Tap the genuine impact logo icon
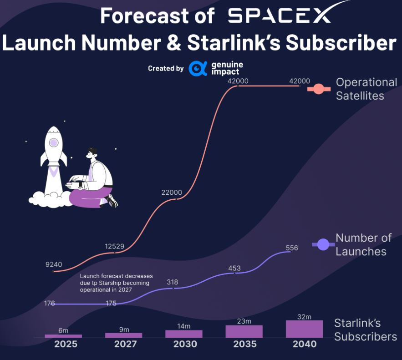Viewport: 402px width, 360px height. point(198,68)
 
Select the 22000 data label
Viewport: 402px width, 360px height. point(172,192)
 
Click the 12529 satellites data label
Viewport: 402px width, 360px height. point(114,246)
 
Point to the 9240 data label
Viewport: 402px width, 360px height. point(54,264)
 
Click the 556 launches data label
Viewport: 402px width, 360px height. point(292,248)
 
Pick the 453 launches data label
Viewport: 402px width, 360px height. point(234,268)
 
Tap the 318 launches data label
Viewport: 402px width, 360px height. point(173,282)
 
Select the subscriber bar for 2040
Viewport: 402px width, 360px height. point(304,329)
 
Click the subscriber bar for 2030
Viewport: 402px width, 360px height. point(183,334)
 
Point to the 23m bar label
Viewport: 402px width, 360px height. point(244,321)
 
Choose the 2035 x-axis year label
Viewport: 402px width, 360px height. point(244,345)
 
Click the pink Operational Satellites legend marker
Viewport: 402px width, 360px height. point(319,89)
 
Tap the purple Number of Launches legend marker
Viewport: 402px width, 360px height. point(323,245)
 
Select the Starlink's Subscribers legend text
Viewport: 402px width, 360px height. point(365,330)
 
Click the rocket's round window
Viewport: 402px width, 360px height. point(54,142)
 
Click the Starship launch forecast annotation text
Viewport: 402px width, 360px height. point(116,283)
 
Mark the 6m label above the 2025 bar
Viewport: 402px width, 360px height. point(63,330)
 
